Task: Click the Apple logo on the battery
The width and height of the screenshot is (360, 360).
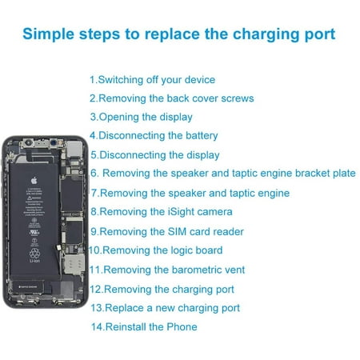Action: [34, 181]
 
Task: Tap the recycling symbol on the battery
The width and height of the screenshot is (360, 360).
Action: [34, 253]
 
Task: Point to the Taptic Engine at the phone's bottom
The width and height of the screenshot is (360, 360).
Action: [28, 286]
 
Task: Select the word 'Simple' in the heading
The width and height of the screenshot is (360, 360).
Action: [48, 34]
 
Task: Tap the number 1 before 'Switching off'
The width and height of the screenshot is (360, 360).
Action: [92, 80]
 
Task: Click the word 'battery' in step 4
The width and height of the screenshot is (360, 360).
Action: [202, 136]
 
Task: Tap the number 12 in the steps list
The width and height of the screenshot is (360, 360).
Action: [95, 290]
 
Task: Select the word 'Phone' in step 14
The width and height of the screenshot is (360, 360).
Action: [182, 327]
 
